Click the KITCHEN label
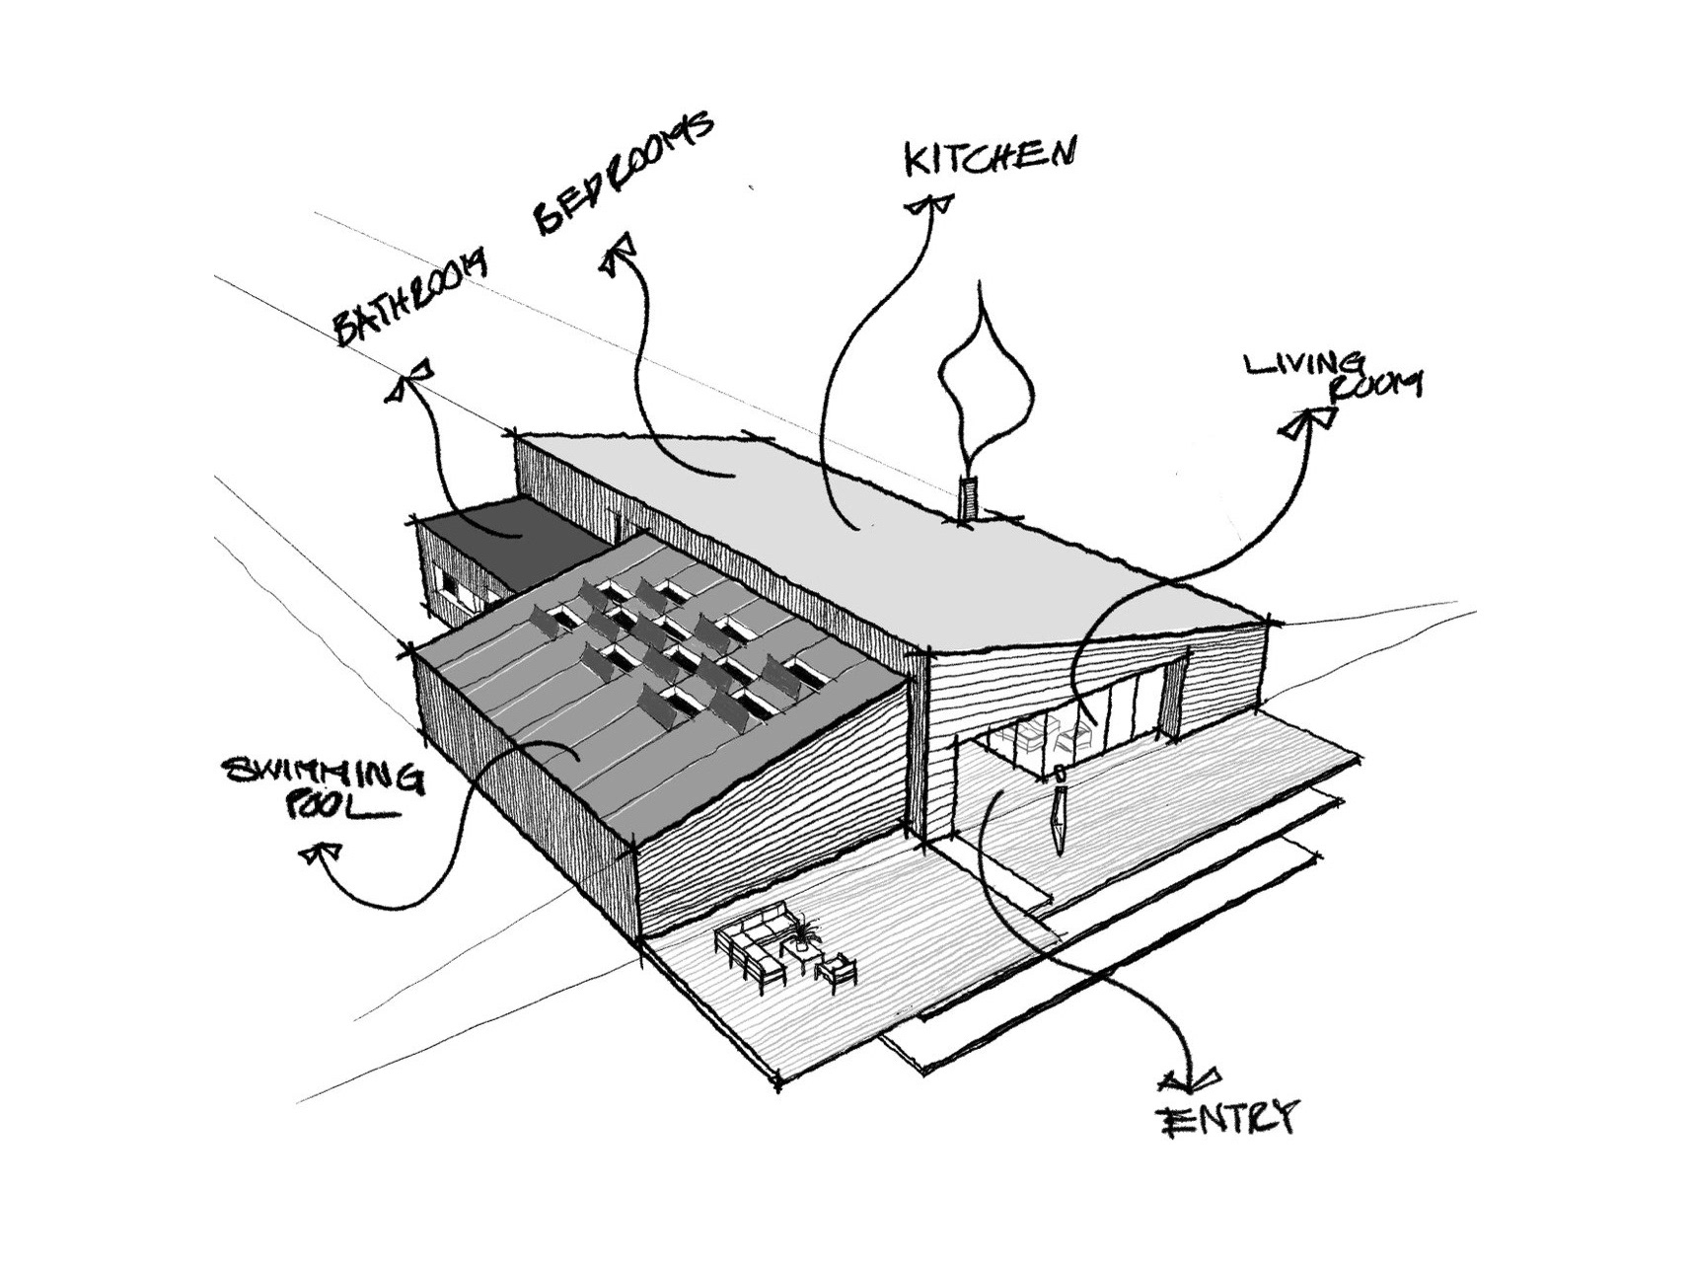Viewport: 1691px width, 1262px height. [x=989, y=159]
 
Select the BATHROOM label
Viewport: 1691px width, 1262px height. [x=411, y=297]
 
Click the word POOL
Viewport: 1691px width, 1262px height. [x=340, y=809]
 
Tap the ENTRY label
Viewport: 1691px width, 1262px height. [x=1228, y=1117]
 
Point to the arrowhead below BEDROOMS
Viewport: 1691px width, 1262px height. [x=619, y=255]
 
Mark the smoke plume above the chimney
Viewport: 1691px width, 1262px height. [x=986, y=380]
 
